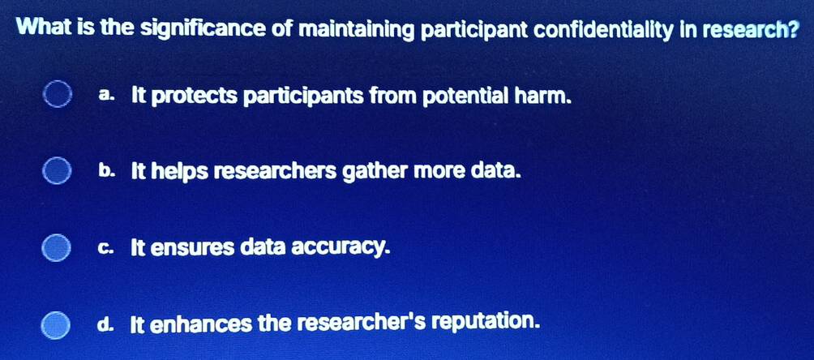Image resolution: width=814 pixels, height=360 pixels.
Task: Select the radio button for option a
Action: tap(57, 95)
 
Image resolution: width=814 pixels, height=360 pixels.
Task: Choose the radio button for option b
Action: tap(57, 171)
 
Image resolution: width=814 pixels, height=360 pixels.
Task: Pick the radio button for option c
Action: tap(56, 248)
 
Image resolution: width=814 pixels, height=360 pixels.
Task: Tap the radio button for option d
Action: tap(56, 325)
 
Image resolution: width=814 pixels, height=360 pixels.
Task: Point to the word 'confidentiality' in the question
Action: tap(604, 30)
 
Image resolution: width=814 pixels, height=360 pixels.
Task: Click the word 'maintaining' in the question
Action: tap(358, 30)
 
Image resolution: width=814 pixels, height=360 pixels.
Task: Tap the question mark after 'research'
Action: tap(791, 30)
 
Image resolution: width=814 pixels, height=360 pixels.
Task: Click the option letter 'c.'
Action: tap(105, 248)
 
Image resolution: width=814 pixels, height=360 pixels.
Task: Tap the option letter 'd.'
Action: tap(105, 324)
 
